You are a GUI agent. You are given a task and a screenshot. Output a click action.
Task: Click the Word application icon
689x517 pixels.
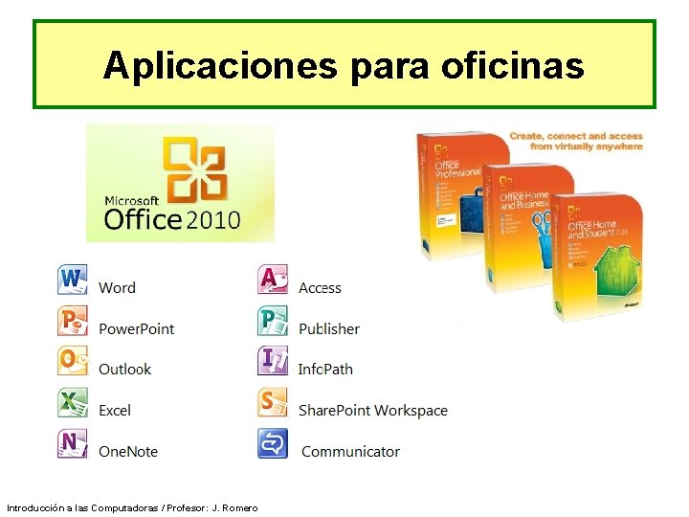pyautogui.click(x=73, y=281)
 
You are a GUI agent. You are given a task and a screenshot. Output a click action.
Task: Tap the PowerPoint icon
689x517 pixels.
pyautogui.click(x=73, y=322)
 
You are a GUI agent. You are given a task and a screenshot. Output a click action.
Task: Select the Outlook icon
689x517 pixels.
pyautogui.click(x=73, y=362)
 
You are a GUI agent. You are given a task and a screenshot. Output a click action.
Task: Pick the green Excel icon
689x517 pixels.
pyautogui.click(x=73, y=403)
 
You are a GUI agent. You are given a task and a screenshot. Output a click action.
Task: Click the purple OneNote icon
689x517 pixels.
pyautogui.click(x=73, y=444)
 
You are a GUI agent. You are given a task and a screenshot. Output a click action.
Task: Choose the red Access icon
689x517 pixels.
pyautogui.click(x=273, y=281)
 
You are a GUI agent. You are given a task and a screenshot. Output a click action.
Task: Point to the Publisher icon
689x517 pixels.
pyautogui.click(x=273, y=322)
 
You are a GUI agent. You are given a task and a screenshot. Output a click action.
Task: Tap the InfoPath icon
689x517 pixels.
pyautogui.click(x=273, y=362)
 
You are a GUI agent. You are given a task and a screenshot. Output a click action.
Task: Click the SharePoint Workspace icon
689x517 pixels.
pyautogui.click(x=273, y=403)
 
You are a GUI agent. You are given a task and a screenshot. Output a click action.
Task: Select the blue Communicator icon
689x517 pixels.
pyautogui.click(x=273, y=444)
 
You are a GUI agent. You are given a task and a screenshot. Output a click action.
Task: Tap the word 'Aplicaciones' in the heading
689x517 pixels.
pyautogui.click(x=220, y=65)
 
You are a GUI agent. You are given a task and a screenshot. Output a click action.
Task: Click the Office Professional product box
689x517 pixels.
pyautogui.click(x=450, y=191)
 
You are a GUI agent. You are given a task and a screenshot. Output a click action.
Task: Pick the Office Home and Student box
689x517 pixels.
pyautogui.click(x=598, y=258)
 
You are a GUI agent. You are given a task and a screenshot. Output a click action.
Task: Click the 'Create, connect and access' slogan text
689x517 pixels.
pyautogui.click(x=576, y=141)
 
